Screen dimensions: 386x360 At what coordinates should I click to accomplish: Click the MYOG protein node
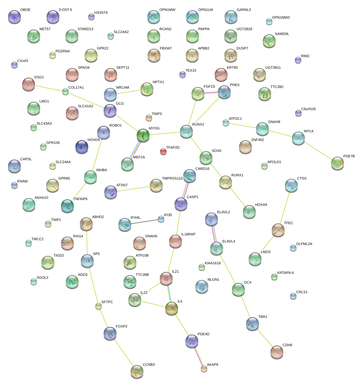pyautogui.click(x=143, y=135)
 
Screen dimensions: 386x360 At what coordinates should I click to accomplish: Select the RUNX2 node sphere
pyautogui.click(x=186, y=131)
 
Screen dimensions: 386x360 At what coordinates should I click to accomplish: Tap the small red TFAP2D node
pyautogui.click(x=163, y=152)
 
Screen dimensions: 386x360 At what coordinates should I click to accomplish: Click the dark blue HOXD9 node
pyautogui.click(x=81, y=147)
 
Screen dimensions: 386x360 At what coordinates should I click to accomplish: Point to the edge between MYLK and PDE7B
pyautogui.click(x=318, y=151)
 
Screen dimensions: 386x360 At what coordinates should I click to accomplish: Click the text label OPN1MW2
pyautogui.click(x=281, y=18)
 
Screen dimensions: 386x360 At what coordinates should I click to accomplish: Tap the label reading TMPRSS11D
pyautogui.click(x=172, y=178)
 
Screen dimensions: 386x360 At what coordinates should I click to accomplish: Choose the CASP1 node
pyautogui.click(x=181, y=204)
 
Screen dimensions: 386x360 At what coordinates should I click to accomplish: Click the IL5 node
pyautogui.click(x=172, y=308)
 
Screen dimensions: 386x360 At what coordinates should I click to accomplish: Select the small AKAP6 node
pyautogui.click(x=204, y=369)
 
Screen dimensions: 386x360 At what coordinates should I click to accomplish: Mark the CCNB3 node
pyautogui.click(x=137, y=371)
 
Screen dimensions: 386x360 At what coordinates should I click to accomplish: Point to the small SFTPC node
pyautogui.click(x=99, y=306)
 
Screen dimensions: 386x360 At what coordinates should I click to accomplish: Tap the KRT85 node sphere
pyautogui.click(x=221, y=75)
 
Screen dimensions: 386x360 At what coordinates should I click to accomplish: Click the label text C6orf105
pyautogui.click(x=308, y=109)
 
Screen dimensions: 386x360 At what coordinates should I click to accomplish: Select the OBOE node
pyautogui.click(x=14, y=17)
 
